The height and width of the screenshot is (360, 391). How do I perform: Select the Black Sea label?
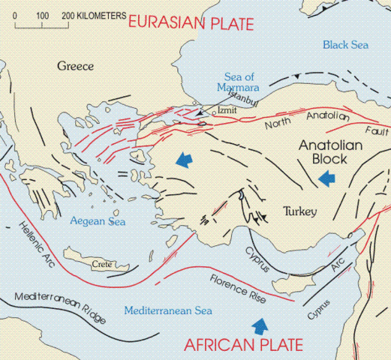(345, 46)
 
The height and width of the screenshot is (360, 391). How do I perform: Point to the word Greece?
(75, 67)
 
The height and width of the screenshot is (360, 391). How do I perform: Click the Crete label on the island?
(101, 264)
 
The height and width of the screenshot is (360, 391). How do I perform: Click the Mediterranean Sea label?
(169, 310)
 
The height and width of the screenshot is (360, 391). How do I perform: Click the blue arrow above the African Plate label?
(260, 324)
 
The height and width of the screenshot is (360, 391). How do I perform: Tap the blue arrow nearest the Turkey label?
(326, 178)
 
